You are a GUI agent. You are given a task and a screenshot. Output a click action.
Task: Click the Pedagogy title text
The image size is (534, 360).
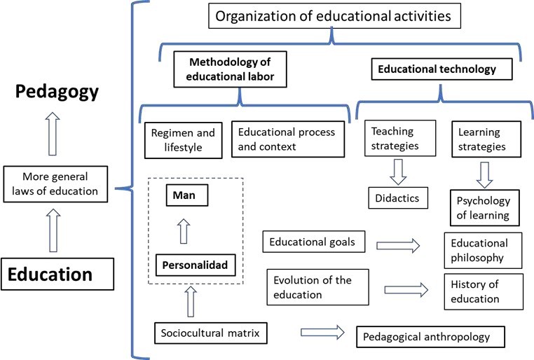59,93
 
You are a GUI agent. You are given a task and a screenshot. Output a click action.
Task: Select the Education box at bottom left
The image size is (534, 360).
58,274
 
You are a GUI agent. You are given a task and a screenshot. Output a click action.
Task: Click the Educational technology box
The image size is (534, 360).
437,70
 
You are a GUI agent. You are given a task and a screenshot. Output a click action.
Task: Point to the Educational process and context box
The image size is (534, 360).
288,139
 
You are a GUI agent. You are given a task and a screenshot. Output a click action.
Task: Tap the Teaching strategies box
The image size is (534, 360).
395,139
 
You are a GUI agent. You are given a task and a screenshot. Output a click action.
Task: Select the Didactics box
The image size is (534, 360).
397,198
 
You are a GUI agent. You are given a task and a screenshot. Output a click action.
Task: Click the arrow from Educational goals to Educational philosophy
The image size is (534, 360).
397,245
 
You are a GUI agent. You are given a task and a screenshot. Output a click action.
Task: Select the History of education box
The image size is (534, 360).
483,291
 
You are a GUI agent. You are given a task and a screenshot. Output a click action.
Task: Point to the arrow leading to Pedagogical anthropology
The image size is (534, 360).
322,331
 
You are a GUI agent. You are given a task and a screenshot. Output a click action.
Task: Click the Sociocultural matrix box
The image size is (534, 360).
211,333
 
